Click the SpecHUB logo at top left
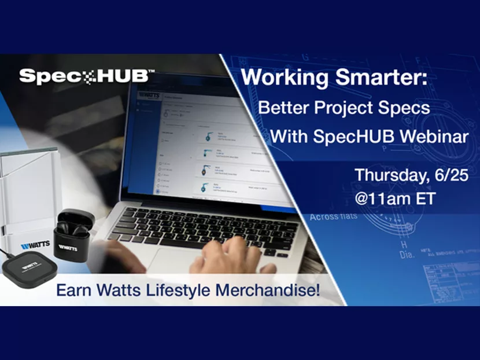tap(87, 76)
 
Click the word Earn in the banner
tap(71, 290)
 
